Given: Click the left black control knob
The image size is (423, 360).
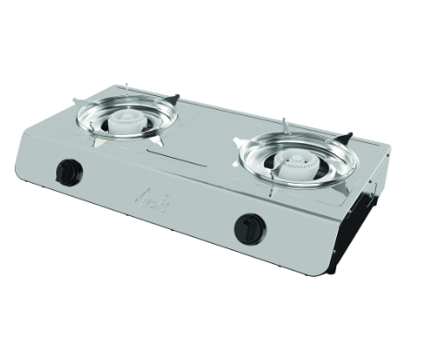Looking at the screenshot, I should (68, 172).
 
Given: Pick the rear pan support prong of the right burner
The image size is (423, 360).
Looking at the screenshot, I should (285, 125).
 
